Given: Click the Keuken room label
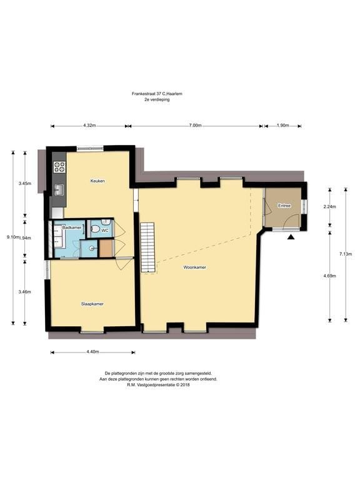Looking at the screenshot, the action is click(97, 181).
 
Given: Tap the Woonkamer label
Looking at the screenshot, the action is click(195, 267).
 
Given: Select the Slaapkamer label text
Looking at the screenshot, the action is click(92, 304).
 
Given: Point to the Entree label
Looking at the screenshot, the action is click(284, 206).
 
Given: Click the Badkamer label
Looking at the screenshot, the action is click(72, 227).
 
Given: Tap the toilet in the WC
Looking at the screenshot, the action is click(95, 229).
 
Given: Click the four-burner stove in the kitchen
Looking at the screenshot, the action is click(59, 167).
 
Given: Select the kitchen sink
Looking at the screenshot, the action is click(59, 190).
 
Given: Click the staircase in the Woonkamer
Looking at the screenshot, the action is click(148, 247).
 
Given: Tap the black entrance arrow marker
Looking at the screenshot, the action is click(291, 237).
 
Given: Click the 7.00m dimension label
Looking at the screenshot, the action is click(195, 126).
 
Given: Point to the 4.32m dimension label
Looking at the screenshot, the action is click(89, 126).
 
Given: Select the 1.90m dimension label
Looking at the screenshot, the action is click(282, 126).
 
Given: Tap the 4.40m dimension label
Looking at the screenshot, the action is click(92, 352).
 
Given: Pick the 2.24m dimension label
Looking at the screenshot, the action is click(330, 207).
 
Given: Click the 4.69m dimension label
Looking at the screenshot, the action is click(330, 276).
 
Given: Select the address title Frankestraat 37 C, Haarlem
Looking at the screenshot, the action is click(157, 94).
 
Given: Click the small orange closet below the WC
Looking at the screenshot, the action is click(106, 248).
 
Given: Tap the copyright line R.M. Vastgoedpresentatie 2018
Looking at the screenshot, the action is click(158, 385).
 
